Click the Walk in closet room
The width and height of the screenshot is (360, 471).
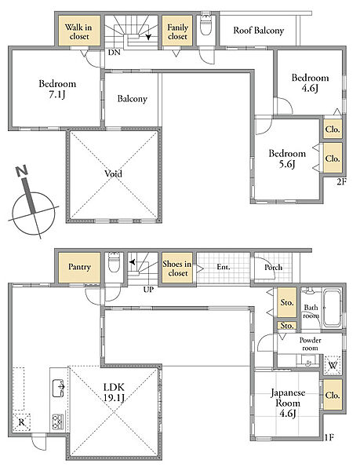pyautogui.click(x=79, y=31)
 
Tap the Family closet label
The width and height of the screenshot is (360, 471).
pyautogui.click(x=177, y=32)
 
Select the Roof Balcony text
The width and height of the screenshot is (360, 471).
pyautogui.click(x=259, y=31)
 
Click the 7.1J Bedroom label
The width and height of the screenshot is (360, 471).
pyautogui.click(x=57, y=89)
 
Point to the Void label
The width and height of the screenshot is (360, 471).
pyautogui.click(x=114, y=173)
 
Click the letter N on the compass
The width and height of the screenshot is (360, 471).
pyautogui.click(x=22, y=170)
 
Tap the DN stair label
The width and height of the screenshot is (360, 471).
pyautogui.click(x=114, y=53)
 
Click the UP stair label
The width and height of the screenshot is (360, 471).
pyautogui.click(x=148, y=290)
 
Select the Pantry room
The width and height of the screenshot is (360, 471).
pyautogui.click(x=79, y=268)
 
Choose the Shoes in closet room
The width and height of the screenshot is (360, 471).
pyautogui.click(x=177, y=268)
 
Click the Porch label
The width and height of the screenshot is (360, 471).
pyautogui.click(x=273, y=268)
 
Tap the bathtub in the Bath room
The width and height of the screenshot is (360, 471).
pyautogui.click(x=333, y=307)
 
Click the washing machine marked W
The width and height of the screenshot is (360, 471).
pyautogui.click(x=333, y=365)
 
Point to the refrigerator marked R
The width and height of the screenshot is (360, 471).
pyautogui.click(x=22, y=422)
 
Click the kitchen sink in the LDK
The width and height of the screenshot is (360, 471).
pyautogui.click(x=59, y=388)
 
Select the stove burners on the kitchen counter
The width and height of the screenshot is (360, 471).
pyautogui.click(x=58, y=422)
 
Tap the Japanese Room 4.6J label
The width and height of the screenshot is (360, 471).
pyautogui.click(x=288, y=403)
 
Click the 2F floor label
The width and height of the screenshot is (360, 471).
pyautogui.click(x=341, y=182)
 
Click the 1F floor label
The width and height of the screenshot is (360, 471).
pyautogui.click(x=329, y=437)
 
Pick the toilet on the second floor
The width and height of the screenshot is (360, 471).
pyautogui.click(x=206, y=26)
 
